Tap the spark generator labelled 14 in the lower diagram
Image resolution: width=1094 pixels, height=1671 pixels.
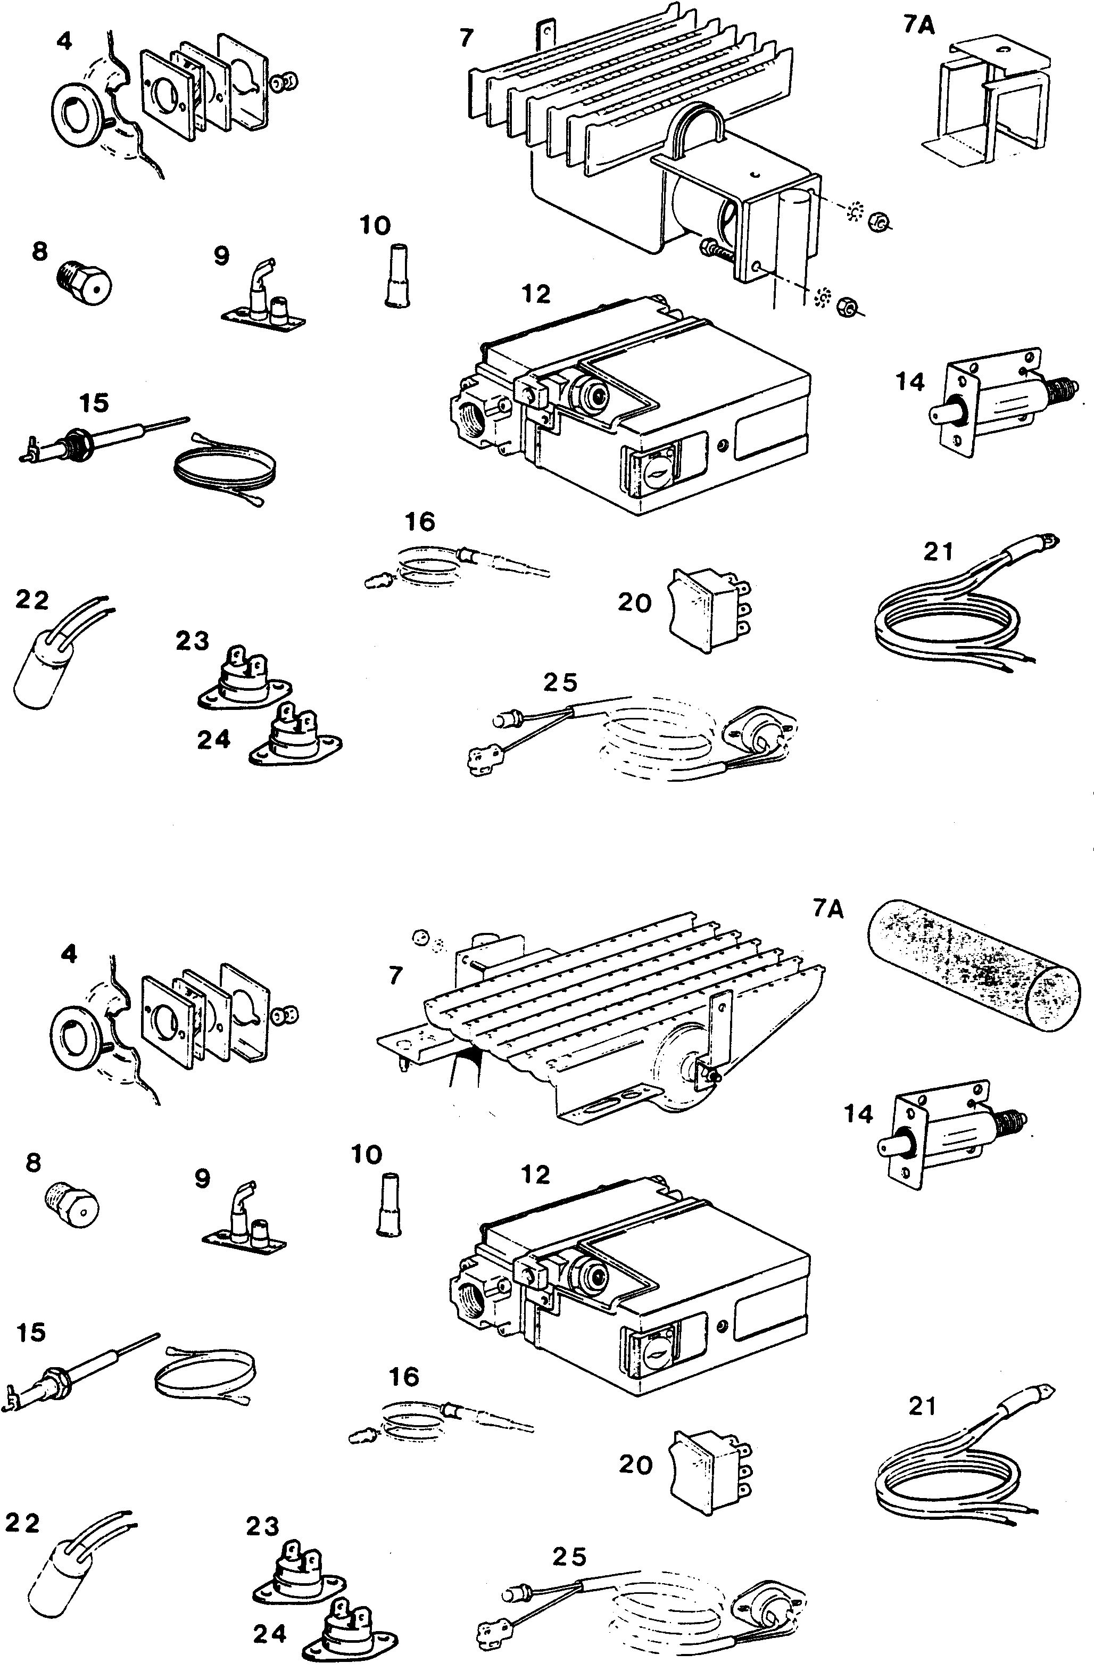tap(948, 1141)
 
